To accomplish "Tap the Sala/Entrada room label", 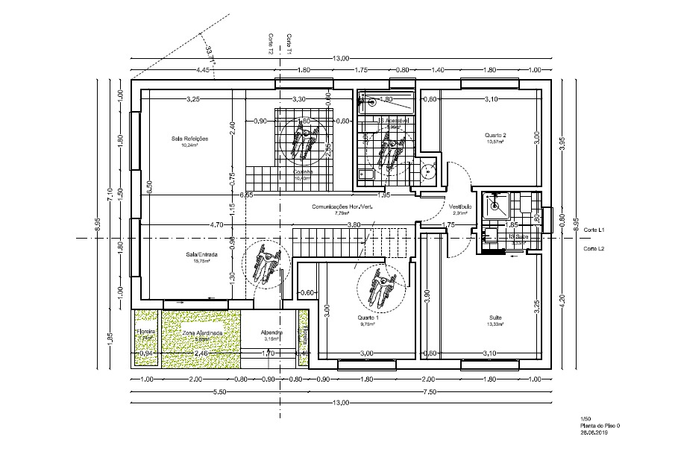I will pyautogui.click(x=198, y=255).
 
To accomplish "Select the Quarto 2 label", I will pyautogui.click(x=495, y=135).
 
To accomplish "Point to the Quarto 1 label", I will pyautogui.click(x=368, y=318).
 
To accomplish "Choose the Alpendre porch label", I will pyautogui.click(x=271, y=333).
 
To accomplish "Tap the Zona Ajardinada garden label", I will pyautogui.click(x=201, y=333).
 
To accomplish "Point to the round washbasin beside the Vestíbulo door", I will pyautogui.click(x=427, y=170).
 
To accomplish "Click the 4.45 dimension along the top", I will pyautogui.click(x=202, y=69).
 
